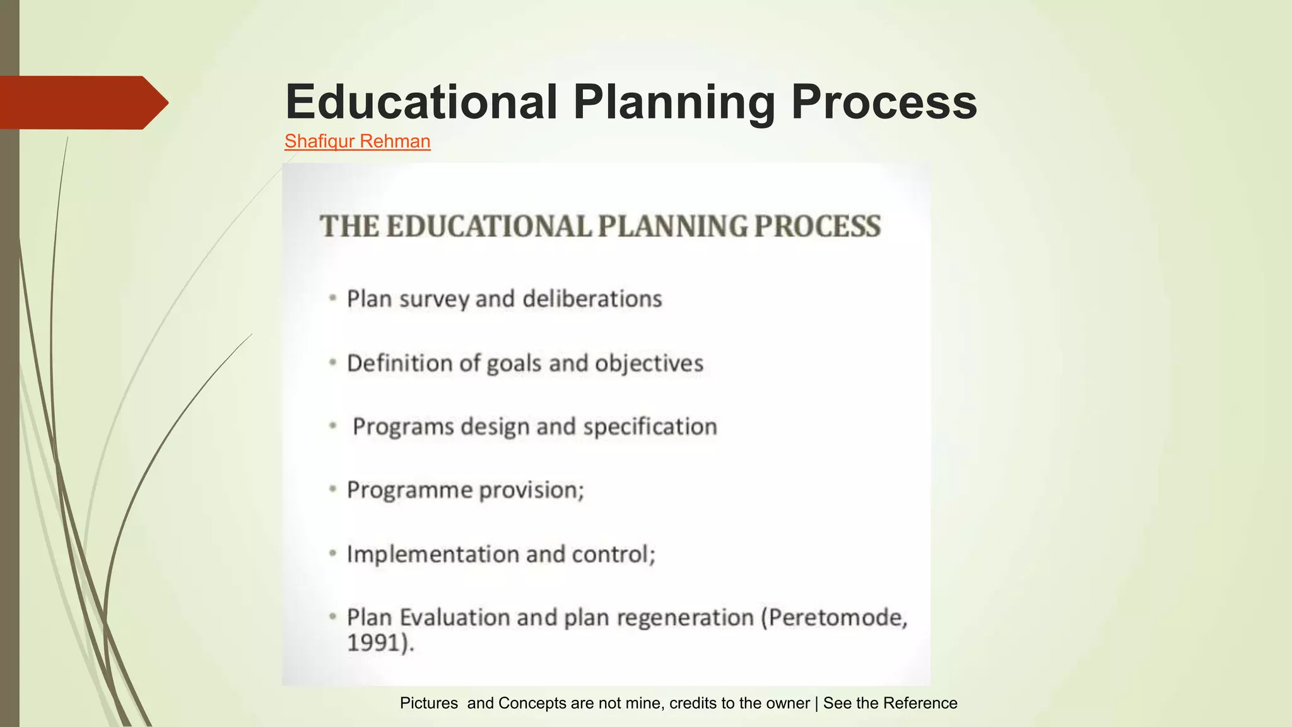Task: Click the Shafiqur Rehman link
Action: point(357,141)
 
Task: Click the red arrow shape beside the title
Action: point(82,102)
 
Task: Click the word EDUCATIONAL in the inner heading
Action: point(488,227)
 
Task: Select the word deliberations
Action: point(592,299)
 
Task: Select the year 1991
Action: point(374,643)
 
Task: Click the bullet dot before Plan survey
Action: point(332,298)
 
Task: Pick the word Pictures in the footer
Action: point(429,703)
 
